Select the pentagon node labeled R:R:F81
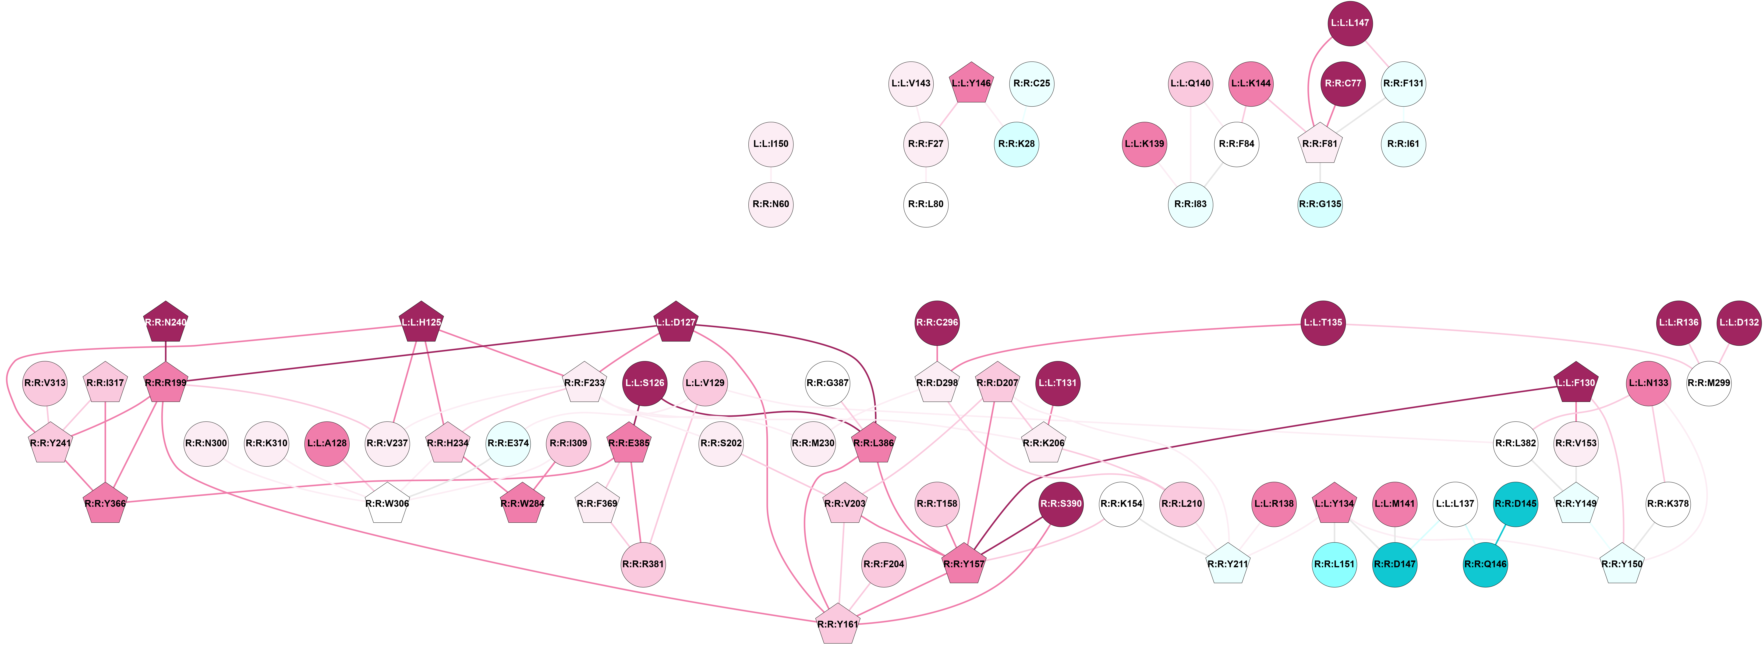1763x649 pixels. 1320,145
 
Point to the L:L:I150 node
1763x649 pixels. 771,144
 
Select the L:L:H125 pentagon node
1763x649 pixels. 421,323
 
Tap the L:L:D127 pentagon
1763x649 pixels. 676,323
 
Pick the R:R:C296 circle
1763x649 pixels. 937,323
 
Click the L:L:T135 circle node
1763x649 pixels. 1323,323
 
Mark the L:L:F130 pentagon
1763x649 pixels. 1575,383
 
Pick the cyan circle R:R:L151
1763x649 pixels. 1334,564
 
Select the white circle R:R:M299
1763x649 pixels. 1709,383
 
